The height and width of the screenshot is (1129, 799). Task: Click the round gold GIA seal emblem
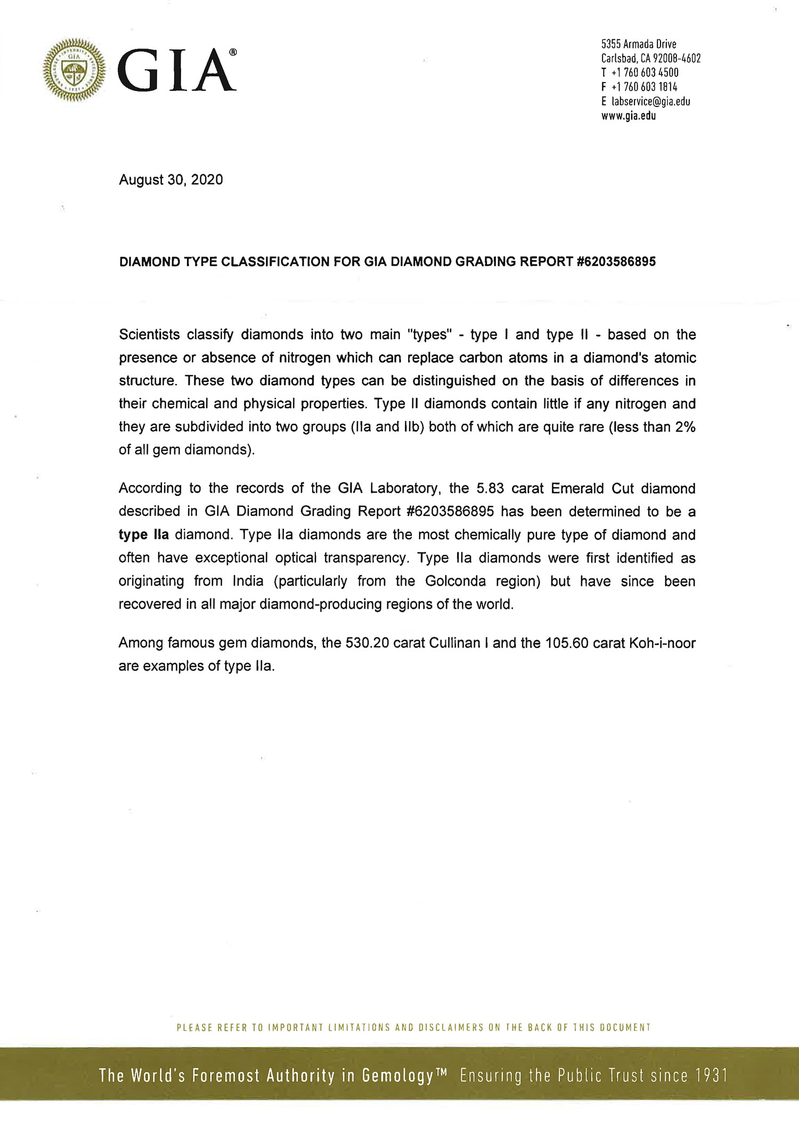pyautogui.click(x=74, y=69)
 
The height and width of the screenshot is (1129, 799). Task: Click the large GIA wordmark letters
pyautogui.click(x=176, y=70)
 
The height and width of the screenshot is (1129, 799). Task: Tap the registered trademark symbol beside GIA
pyautogui.click(x=233, y=52)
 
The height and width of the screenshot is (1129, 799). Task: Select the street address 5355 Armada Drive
pyautogui.click(x=639, y=44)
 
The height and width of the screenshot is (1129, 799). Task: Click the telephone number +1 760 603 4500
pyautogui.click(x=645, y=73)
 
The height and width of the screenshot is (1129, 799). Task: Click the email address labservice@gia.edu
pyautogui.click(x=650, y=102)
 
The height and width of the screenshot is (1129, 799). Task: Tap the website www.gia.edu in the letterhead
pyautogui.click(x=629, y=116)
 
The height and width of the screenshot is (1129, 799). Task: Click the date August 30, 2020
pyautogui.click(x=171, y=180)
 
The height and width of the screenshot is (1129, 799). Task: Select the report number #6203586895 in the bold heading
pyautogui.click(x=616, y=262)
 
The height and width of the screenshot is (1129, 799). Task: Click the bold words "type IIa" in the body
pyautogui.click(x=143, y=535)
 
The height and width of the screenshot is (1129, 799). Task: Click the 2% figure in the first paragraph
pyautogui.click(x=685, y=427)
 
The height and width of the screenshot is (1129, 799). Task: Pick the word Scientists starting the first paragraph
pyautogui.click(x=149, y=335)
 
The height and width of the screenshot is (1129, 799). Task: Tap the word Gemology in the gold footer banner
pyautogui.click(x=397, y=1076)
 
